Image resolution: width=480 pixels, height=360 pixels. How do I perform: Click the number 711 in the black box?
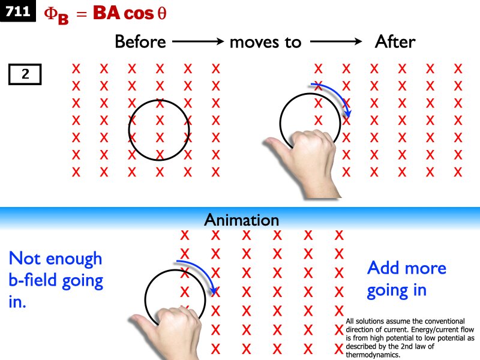(18, 11)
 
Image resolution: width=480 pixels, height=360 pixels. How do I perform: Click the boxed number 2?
(25, 74)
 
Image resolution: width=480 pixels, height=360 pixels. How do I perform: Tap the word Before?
(140, 42)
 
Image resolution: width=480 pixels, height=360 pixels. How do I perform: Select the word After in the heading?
(394, 42)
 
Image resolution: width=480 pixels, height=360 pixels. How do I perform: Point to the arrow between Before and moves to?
(197, 42)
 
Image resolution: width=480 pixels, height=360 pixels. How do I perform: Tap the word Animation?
(241, 220)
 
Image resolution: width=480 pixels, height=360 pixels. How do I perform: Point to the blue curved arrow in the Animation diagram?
(200, 273)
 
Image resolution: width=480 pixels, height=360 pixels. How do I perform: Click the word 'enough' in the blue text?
(73, 260)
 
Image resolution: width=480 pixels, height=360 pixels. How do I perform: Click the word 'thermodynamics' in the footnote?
(370, 354)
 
